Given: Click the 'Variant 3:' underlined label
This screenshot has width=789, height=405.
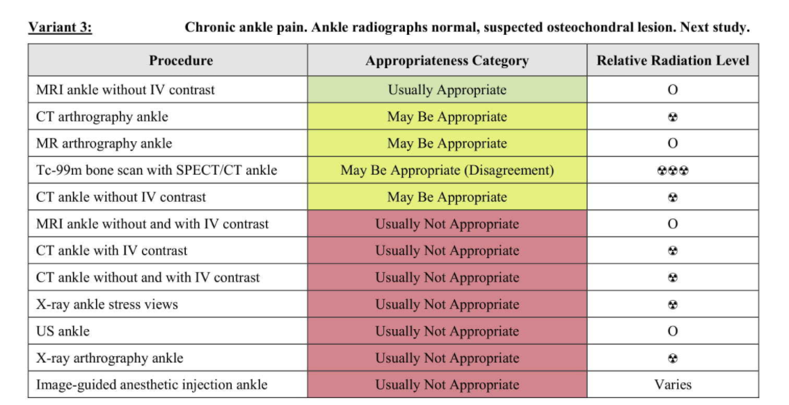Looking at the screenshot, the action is (x=60, y=26).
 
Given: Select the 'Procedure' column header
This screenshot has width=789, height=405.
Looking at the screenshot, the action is (x=181, y=61).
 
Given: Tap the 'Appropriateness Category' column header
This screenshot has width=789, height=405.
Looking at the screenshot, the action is (x=447, y=61).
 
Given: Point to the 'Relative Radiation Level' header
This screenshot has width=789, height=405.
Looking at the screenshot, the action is (x=673, y=61).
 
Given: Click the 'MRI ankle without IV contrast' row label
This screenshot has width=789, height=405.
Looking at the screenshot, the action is (x=125, y=90).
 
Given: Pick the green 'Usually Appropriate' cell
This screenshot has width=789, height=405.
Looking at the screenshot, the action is (x=447, y=90).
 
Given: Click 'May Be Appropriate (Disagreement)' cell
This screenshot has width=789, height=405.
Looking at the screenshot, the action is (x=447, y=170).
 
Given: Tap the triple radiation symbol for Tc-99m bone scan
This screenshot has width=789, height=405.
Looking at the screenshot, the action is (x=673, y=170).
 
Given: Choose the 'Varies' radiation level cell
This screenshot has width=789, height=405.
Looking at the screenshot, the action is (x=673, y=384).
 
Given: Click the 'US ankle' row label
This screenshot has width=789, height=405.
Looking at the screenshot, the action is (x=63, y=331).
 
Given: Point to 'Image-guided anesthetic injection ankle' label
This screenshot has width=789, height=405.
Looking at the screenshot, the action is (x=152, y=385).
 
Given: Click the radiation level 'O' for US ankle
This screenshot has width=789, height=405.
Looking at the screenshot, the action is (x=673, y=331).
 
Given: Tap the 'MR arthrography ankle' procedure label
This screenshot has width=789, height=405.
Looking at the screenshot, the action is (x=104, y=143).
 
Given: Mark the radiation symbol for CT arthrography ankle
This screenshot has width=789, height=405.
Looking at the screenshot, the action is (x=673, y=117).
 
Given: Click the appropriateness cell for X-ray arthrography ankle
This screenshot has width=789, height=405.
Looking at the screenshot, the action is (x=447, y=358).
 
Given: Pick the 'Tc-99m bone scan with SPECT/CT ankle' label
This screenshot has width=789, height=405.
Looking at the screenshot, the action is (x=157, y=170).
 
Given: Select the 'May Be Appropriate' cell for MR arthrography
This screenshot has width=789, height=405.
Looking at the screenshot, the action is (x=447, y=143).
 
